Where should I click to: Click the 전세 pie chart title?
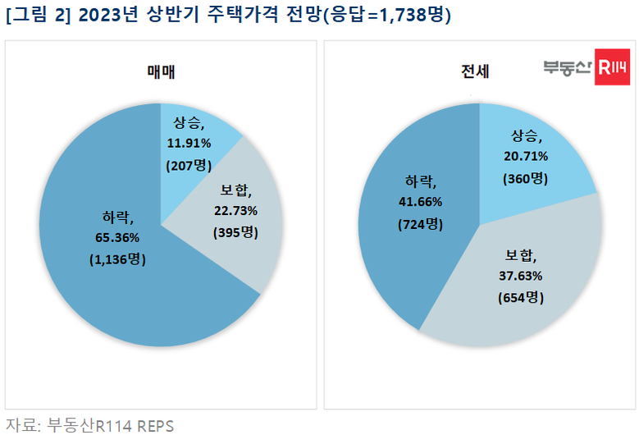pos(475,72)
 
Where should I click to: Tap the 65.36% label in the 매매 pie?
pos(118,238)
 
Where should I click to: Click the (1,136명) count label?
pos(116,259)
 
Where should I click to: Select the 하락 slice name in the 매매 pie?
pos(118,217)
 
